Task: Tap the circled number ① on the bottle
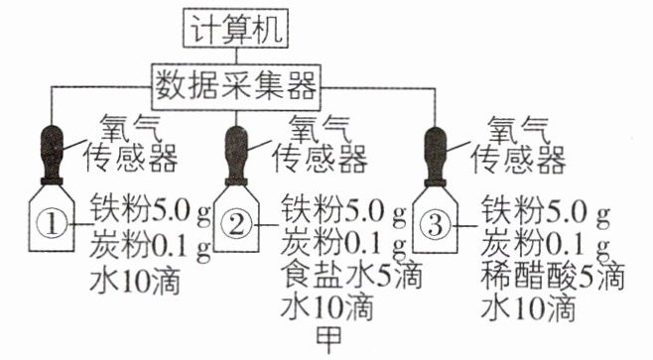pos(52,225)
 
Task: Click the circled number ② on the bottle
pos(236,225)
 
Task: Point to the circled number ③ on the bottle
pos(436,225)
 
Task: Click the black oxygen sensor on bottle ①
pos(52,155)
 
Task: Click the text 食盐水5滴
pos(351,276)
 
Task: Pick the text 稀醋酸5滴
pos(553,277)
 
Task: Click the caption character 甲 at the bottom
pos(329,339)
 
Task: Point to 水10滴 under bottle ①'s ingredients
pos(135,282)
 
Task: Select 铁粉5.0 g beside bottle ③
pos(546,210)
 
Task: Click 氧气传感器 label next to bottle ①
pos(131,144)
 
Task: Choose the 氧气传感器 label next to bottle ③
pos(518,145)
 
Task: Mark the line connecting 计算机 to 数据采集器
pos(236,57)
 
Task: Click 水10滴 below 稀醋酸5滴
pos(528,308)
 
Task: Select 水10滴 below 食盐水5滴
pos(326,307)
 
